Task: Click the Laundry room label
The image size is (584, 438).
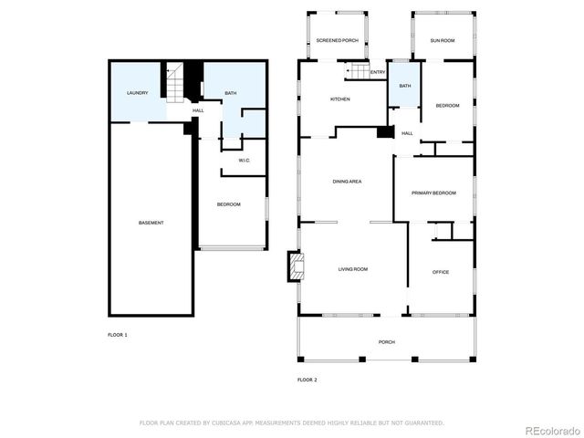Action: click(138, 93)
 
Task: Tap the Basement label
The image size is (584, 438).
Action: click(151, 224)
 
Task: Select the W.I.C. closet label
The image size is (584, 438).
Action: click(245, 161)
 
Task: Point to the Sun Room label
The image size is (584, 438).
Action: click(443, 41)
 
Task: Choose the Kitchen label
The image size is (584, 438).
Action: click(340, 99)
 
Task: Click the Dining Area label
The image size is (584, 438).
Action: click(349, 182)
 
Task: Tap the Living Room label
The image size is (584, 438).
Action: click(353, 269)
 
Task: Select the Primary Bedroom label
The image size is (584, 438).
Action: click(433, 193)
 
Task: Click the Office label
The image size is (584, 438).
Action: click(441, 272)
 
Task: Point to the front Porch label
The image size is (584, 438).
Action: click(387, 342)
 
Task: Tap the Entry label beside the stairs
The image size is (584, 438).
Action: click(378, 73)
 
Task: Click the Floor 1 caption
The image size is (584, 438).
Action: click(118, 335)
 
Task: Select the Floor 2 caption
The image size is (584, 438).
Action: click(308, 379)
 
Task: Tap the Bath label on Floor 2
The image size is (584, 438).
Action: click(404, 86)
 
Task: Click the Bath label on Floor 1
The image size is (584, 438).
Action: click(231, 93)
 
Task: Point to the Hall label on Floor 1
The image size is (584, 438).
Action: click(198, 111)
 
